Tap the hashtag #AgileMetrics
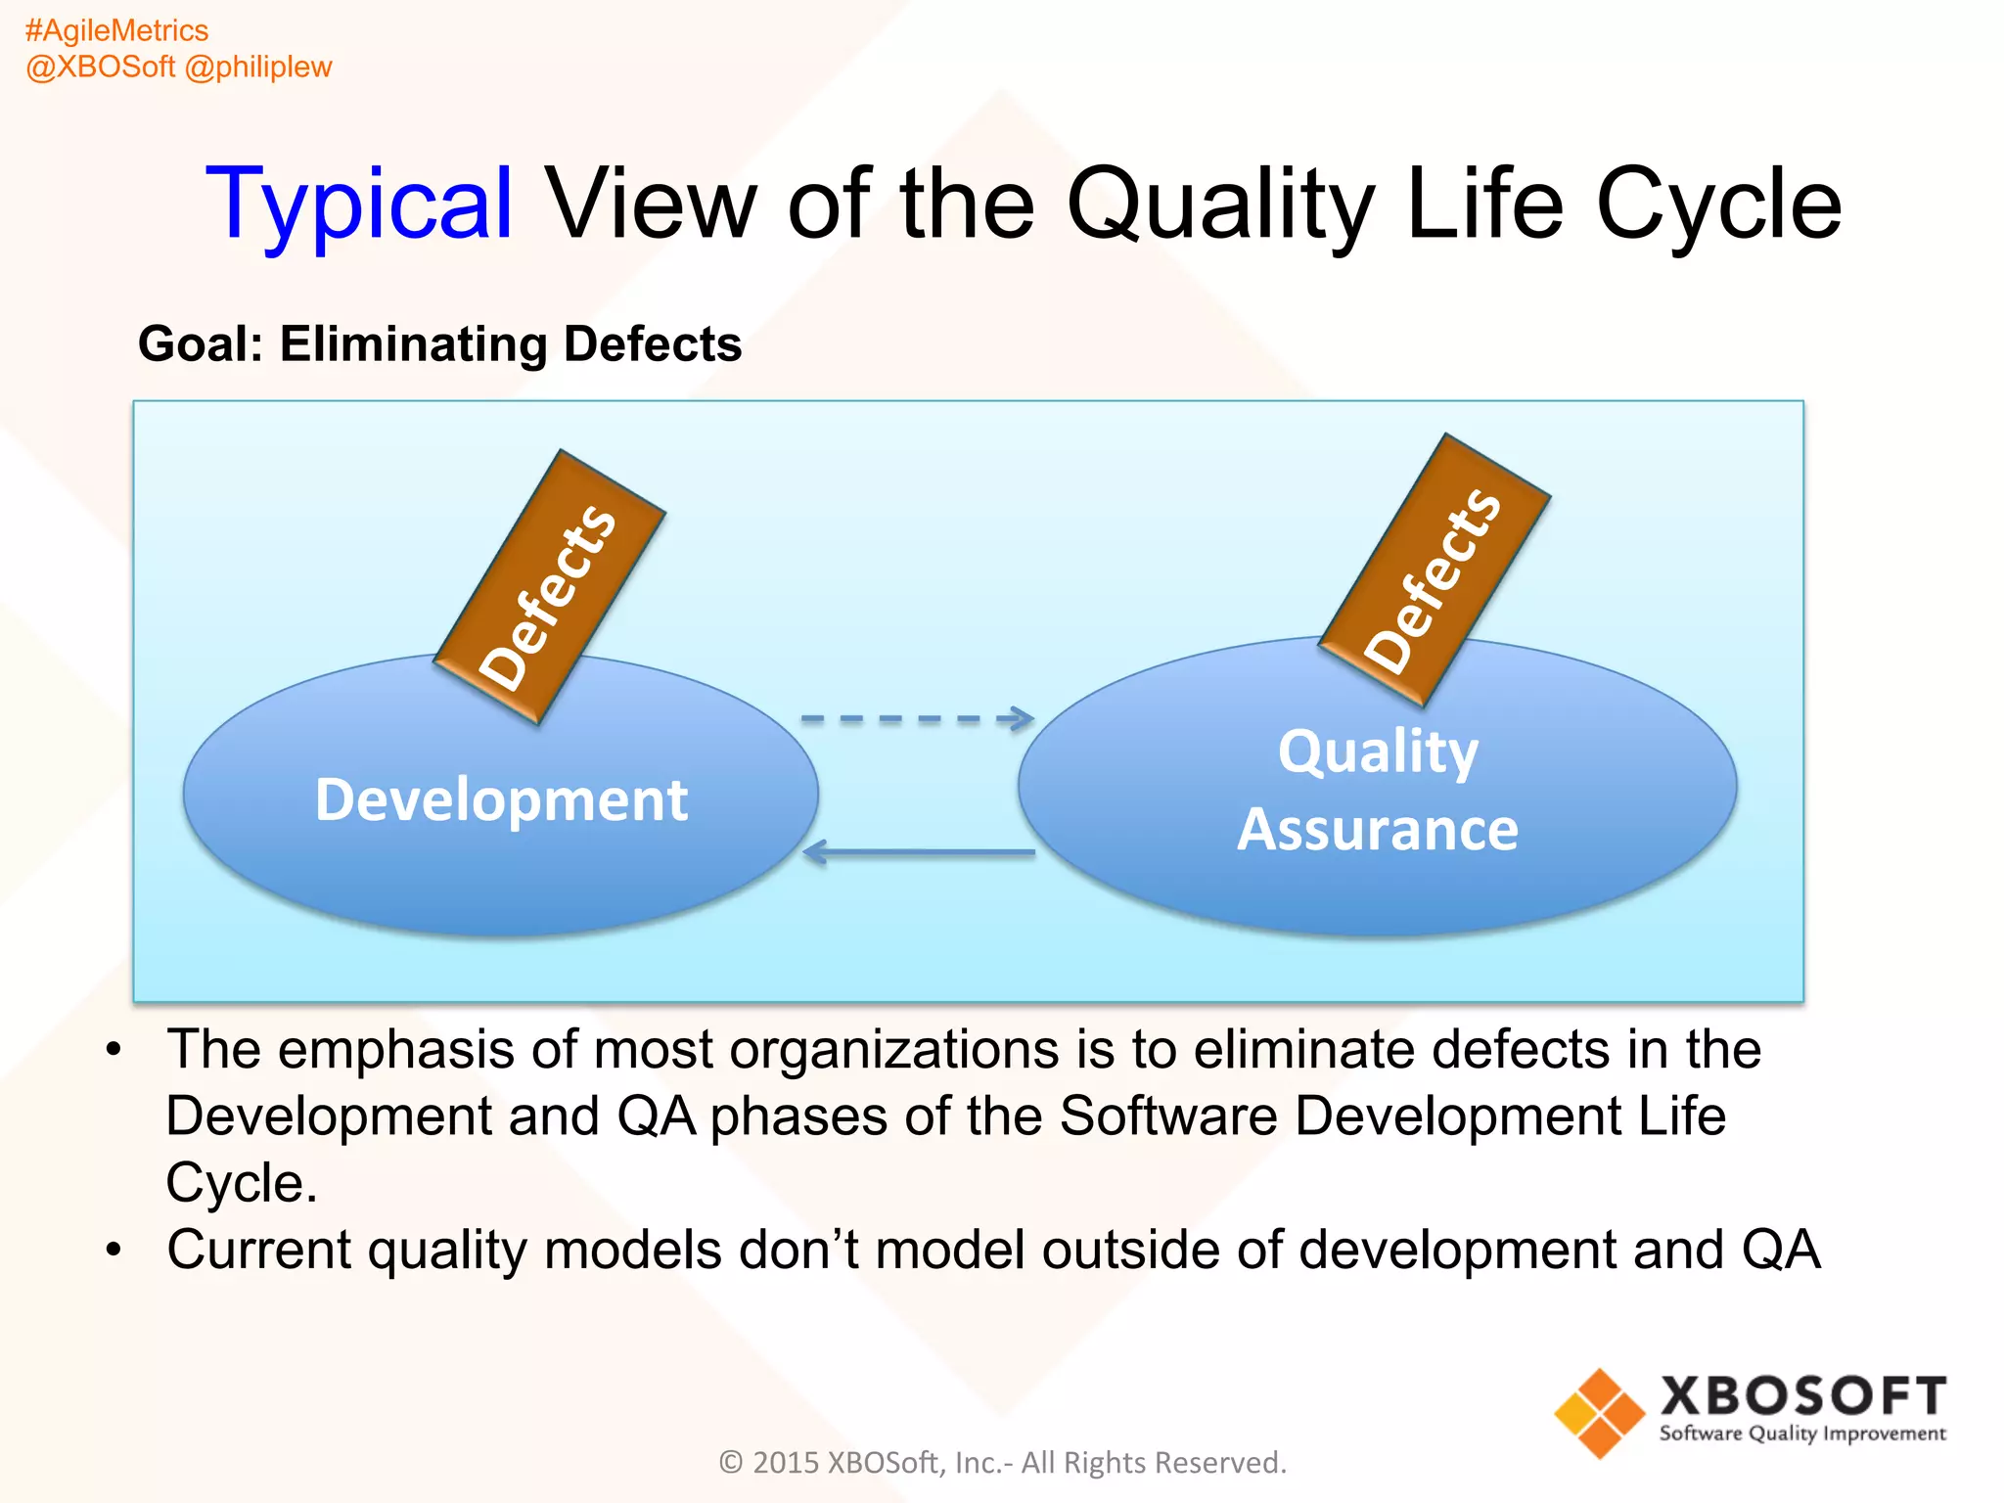click(116, 30)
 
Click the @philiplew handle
click(258, 67)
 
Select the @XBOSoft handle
click(100, 67)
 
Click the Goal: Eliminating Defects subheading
click(439, 344)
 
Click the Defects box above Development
click(550, 587)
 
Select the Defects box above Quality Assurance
click(1435, 570)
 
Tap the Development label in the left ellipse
click(501, 799)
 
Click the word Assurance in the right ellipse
click(1378, 830)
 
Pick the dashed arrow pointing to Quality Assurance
click(916, 719)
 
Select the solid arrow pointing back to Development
click(918, 852)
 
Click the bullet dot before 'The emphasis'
click(114, 1049)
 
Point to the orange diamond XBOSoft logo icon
click(1600, 1413)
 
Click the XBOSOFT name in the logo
click(1802, 1395)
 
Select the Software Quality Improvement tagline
click(1802, 1434)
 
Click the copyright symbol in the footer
click(731, 1462)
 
